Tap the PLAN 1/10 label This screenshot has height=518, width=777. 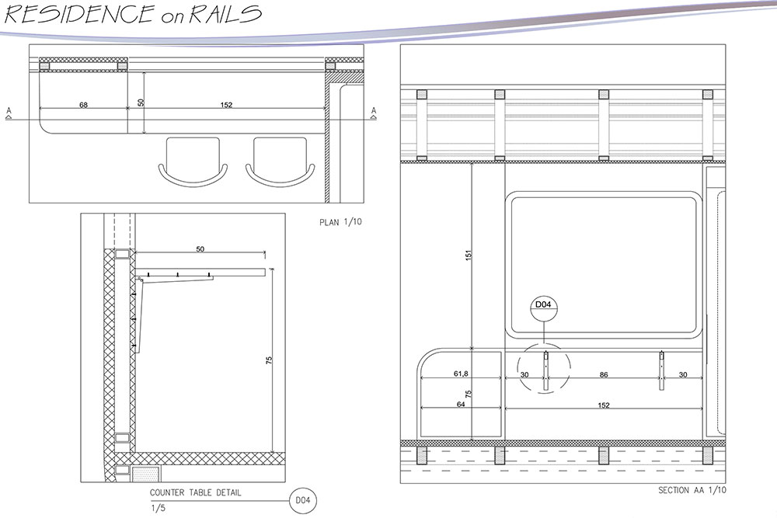341,223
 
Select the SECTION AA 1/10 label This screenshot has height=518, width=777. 692,491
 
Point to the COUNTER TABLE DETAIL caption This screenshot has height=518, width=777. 195,492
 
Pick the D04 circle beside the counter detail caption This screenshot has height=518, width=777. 301,501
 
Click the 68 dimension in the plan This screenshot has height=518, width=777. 83,104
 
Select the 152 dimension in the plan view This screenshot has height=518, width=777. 226,104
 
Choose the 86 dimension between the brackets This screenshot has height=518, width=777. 604,374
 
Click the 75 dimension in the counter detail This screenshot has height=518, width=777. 269,360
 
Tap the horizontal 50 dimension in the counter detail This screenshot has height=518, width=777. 200,249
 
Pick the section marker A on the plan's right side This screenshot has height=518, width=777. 374,112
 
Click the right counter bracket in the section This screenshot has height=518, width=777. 661,370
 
